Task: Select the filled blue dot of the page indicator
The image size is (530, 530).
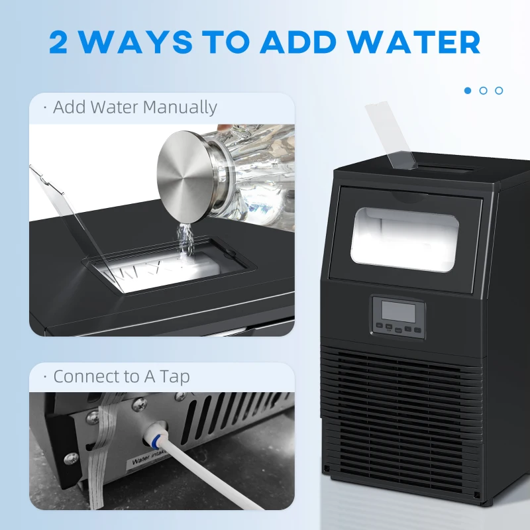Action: pyautogui.click(x=468, y=90)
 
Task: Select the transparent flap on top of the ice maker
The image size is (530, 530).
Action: pyautogui.click(x=392, y=135)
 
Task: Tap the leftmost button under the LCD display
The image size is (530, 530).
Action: pyautogui.click(x=380, y=326)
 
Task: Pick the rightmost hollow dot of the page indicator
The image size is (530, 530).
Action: pyautogui.click(x=499, y=90)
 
